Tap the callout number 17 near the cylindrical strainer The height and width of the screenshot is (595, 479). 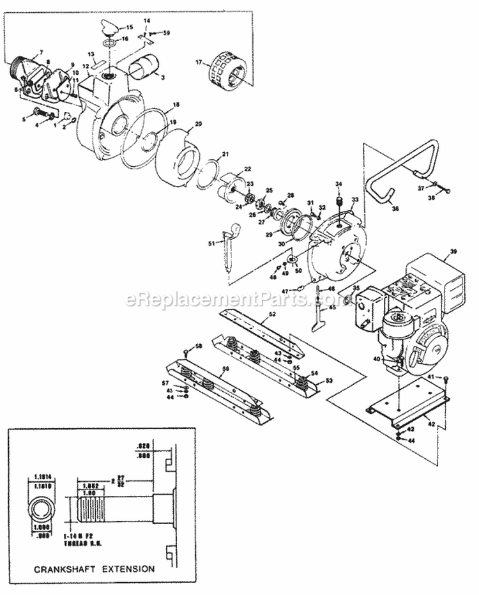pyautogui.click(x=198, y=63)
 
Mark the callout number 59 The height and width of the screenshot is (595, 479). pyautogui.click(x=167, y=32)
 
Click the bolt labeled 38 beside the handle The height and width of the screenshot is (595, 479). pyautogui.click(x=445, y=190)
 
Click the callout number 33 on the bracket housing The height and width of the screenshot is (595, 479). pyautogui.click(x=356, y=200)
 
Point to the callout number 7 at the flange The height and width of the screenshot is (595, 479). pyautogui.click(x=40, y=52)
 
